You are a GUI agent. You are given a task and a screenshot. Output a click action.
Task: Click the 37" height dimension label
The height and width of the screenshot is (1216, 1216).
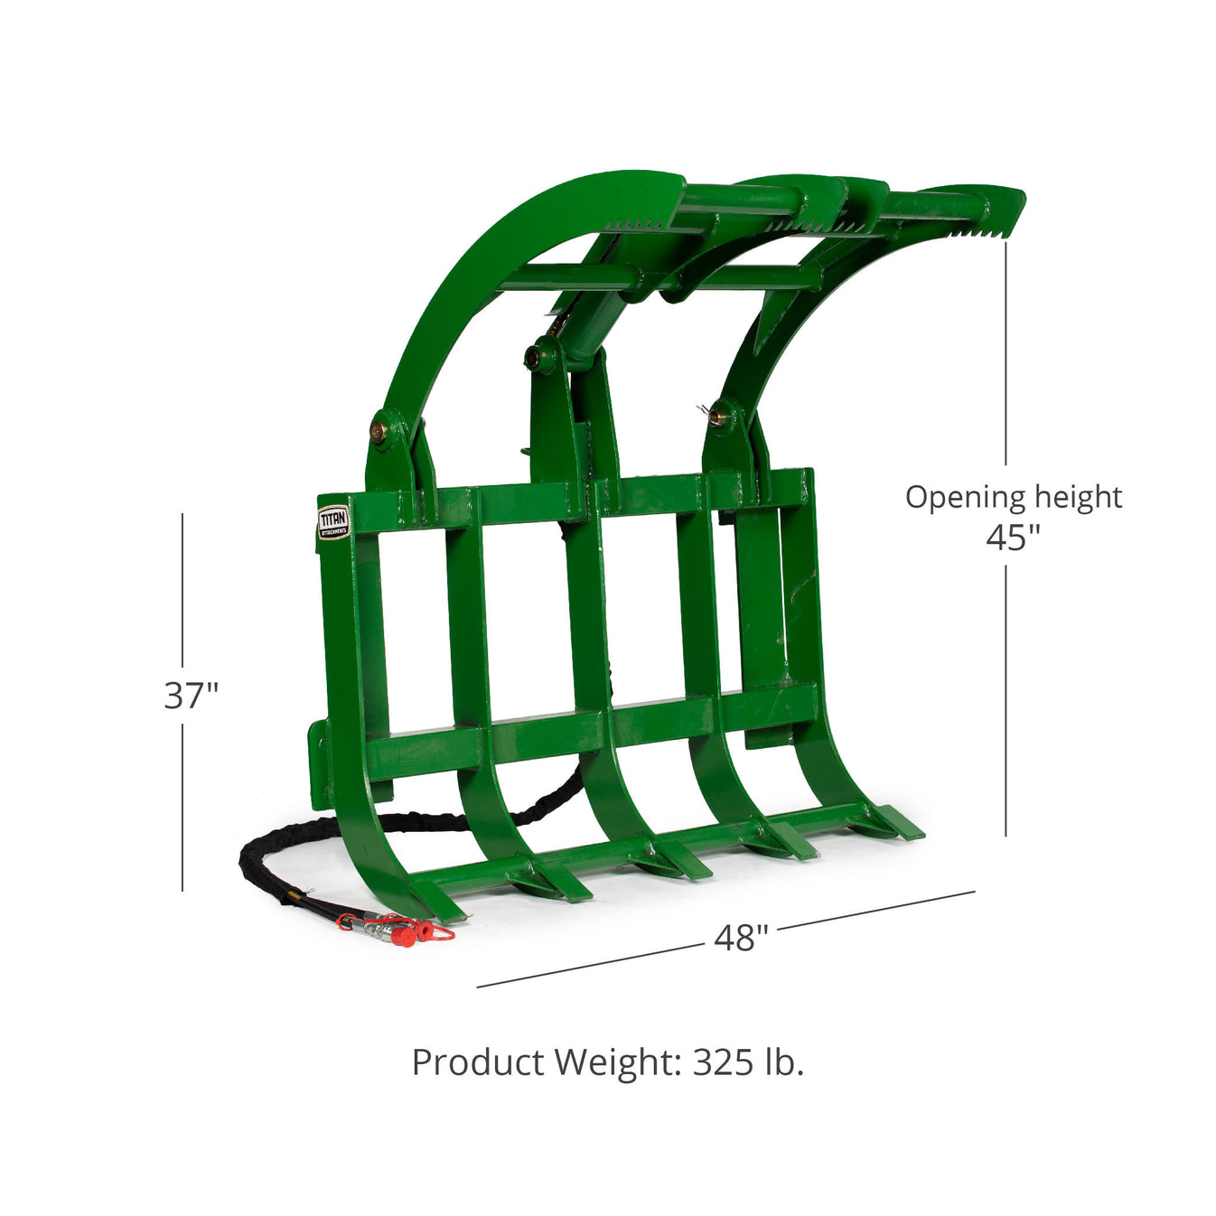click(191, 696)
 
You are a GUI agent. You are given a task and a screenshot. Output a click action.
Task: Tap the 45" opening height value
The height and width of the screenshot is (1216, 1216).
click(1013, 538)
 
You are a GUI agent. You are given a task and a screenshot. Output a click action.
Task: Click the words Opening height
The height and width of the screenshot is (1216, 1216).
click(1013, 497)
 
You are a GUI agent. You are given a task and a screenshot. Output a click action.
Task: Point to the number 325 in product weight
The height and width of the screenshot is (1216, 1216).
click(723, 1062)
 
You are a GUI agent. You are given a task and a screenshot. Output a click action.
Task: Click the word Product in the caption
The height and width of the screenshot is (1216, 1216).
click(478, 1062)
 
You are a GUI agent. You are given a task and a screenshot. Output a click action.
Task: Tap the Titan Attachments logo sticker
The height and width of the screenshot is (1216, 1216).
click(333, 522)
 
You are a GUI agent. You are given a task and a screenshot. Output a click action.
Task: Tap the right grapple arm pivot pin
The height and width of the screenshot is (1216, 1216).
click(718, 417)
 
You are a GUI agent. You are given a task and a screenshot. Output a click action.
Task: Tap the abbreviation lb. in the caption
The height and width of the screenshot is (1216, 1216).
click(782, 1062)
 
